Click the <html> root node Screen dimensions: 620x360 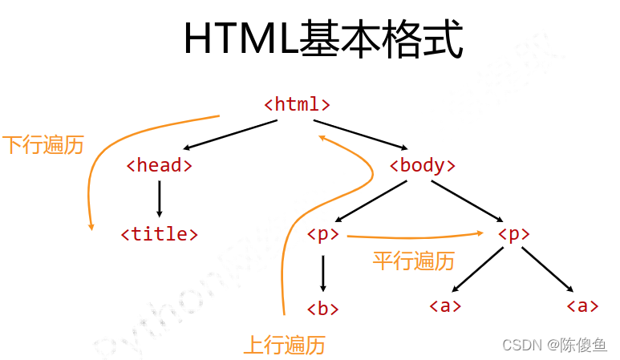297,104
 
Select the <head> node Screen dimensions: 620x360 159,165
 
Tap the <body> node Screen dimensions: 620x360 422,165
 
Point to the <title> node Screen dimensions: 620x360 159,234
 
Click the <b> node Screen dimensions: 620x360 322,308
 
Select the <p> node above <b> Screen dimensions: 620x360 322,234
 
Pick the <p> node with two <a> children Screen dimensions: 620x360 513,234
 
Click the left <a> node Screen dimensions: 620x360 445,305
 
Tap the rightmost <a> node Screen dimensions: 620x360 582,305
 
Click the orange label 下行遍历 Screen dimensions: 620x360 43,145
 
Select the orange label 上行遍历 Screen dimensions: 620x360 285,346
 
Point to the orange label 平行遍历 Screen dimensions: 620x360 414,261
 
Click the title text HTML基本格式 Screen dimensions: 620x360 323,39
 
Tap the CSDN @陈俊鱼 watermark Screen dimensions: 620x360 554,345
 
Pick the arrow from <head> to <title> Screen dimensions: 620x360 159,199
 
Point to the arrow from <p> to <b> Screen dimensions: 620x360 322,273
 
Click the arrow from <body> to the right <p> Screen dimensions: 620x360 466,200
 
